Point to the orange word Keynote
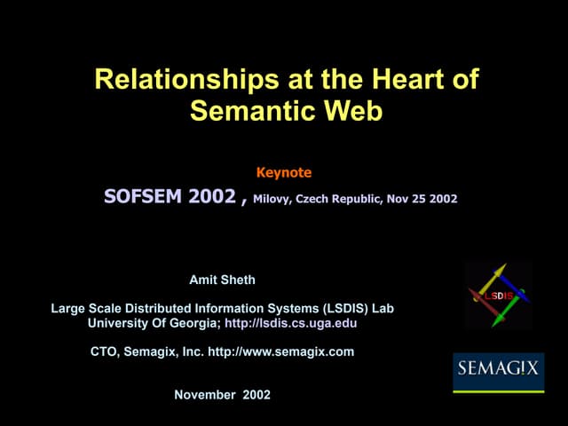click(x=284, y=172)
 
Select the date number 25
click(x=419, y=199)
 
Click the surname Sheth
click(x=238, y=280)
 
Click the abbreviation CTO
click(x=105, y=351)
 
